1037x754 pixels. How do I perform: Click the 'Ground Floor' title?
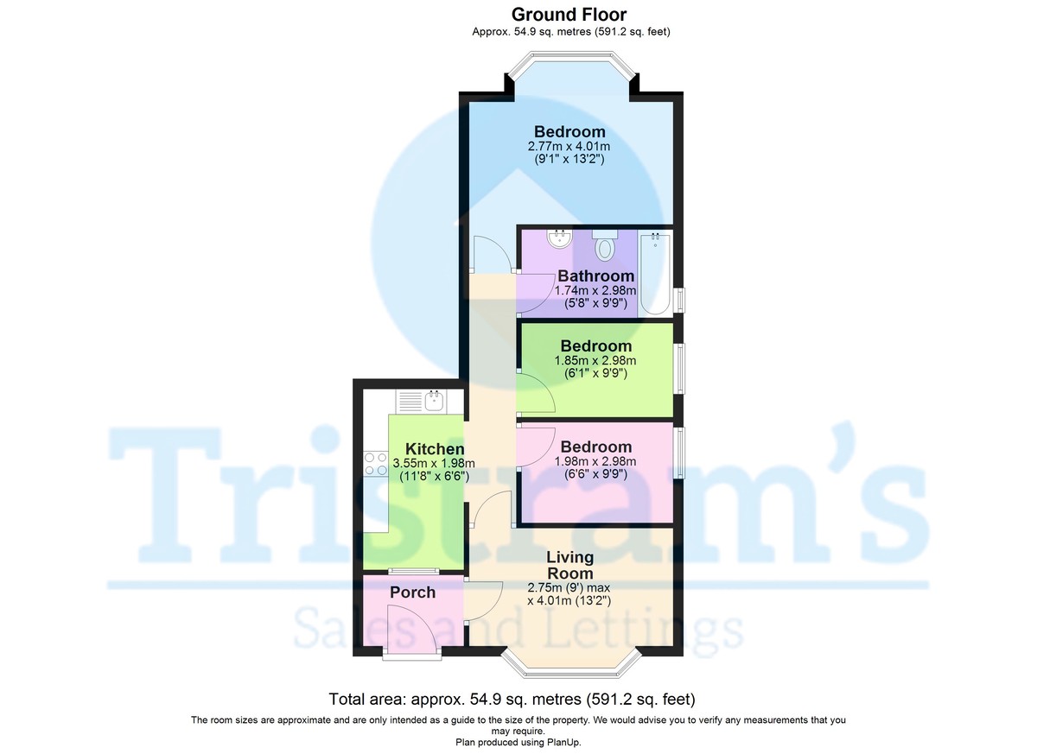point(569,14)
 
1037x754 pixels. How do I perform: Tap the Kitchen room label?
point(435,449)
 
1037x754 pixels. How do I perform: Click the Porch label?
point(412,592)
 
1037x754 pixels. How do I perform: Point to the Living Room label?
point(569,566)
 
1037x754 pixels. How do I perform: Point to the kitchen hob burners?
point(376,464)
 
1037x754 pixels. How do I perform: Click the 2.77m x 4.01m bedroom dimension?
point(569,147)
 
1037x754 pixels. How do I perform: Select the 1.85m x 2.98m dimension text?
point(595,360)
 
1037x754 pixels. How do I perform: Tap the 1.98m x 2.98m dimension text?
point(595,461)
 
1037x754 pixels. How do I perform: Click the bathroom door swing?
point(535,295)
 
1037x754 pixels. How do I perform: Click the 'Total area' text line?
point(512,699)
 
